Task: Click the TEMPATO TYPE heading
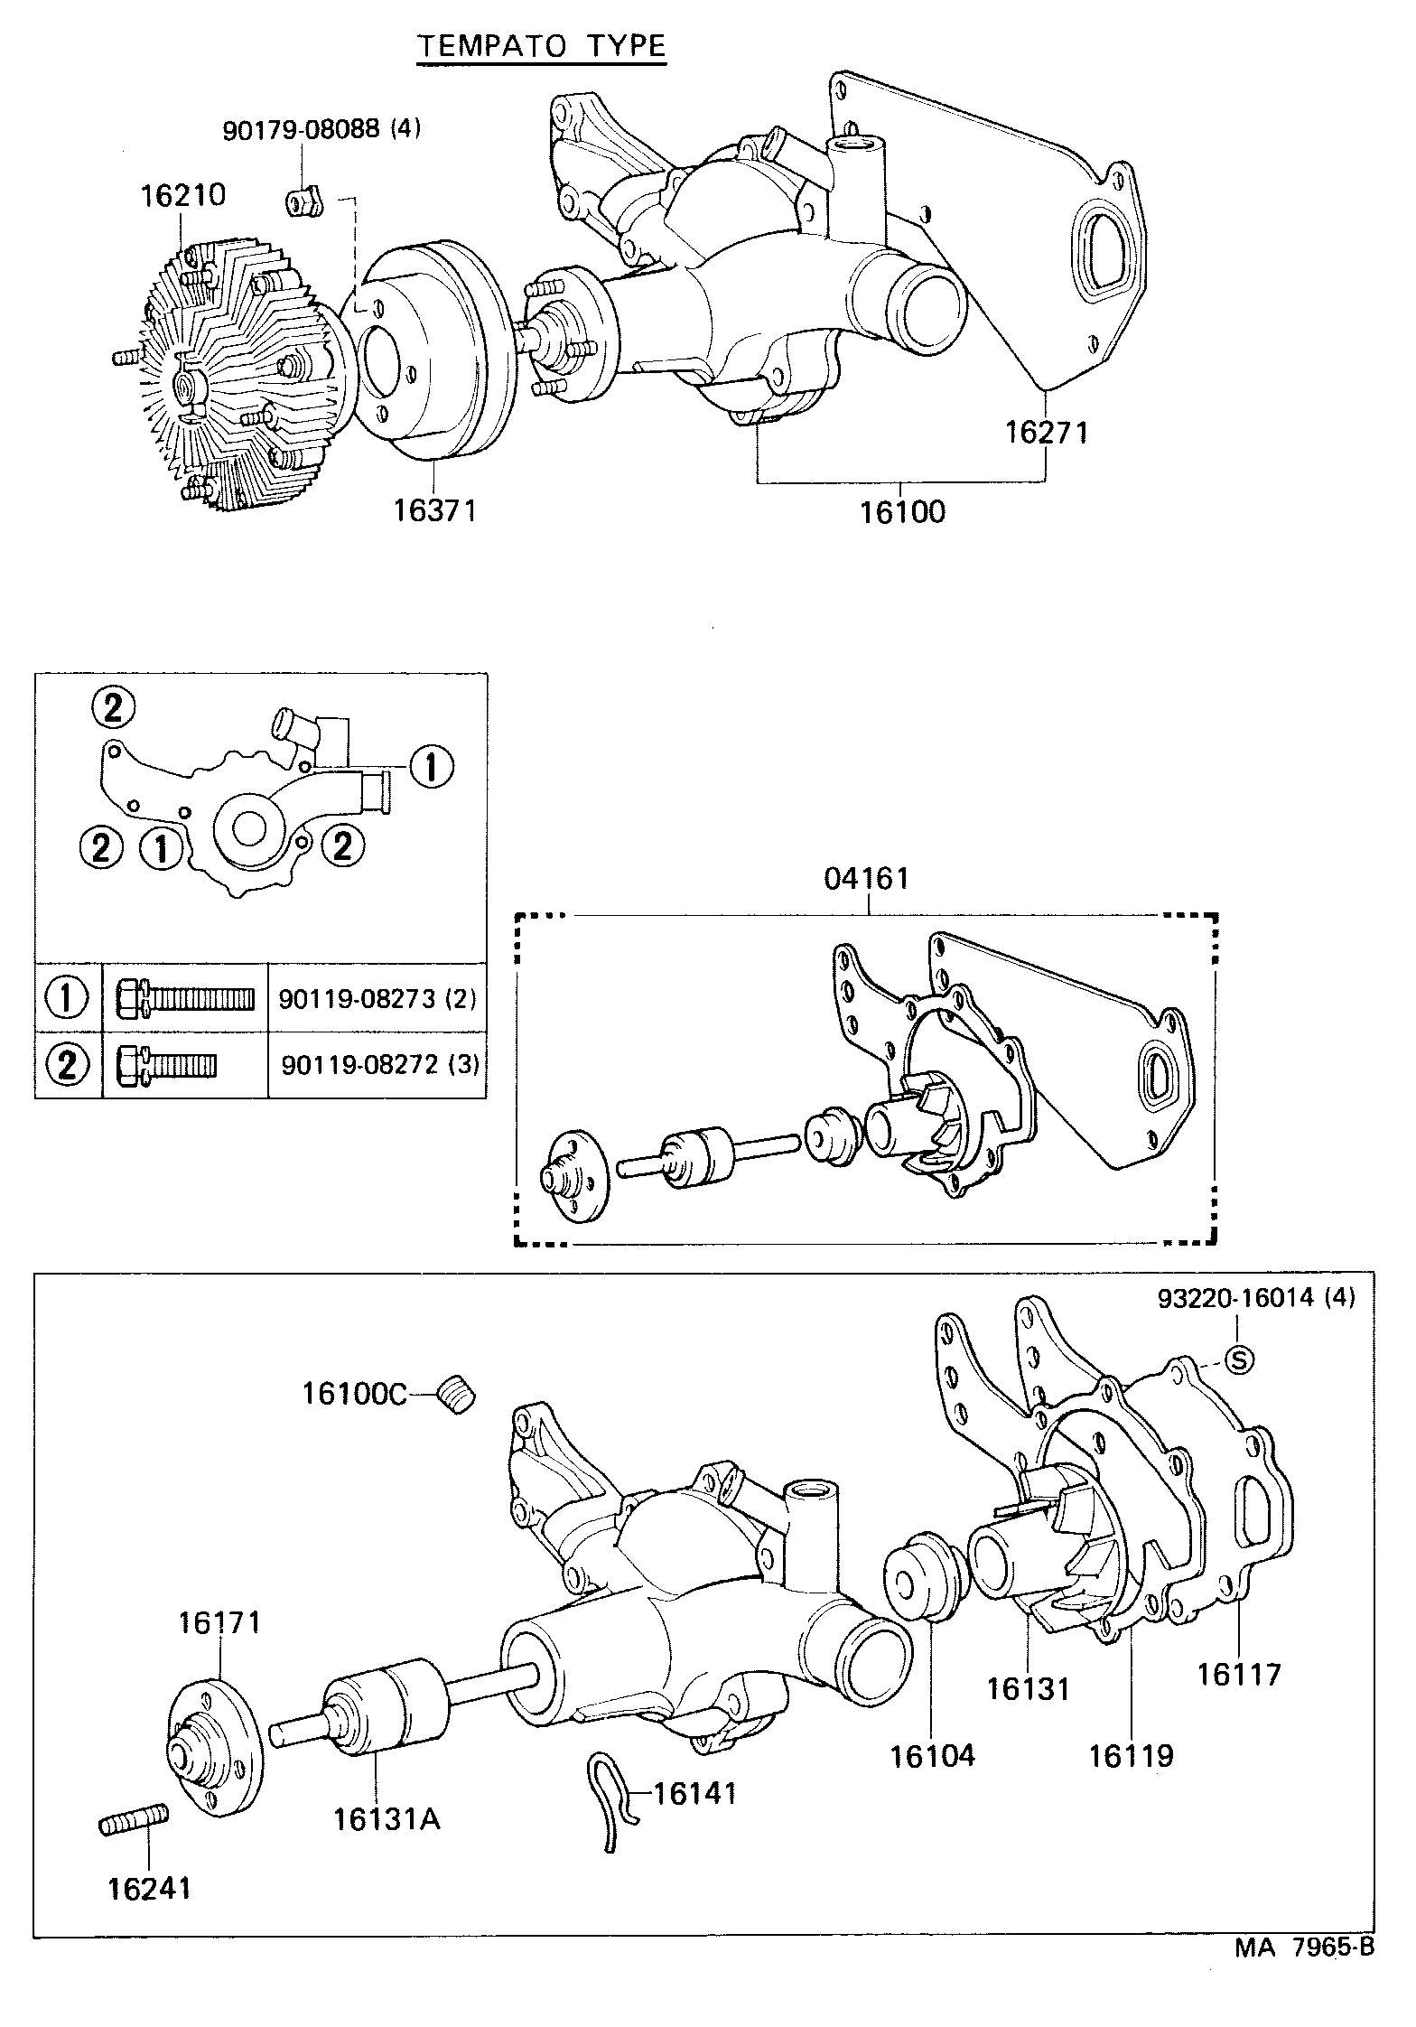(541, 46)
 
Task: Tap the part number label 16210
(182, 195)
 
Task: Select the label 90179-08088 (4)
(321, 129)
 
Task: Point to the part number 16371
(433, 511)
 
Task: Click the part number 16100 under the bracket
(902, 512)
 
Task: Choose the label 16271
(1048, 433)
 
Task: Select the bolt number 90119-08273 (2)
(377, 998)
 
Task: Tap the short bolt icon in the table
(168, 1065)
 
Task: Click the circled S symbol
(1239, 1359)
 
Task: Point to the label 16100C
(354, 1394)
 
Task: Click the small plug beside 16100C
(457, 1396)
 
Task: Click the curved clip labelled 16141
(607, 1800)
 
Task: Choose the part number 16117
(1239, 1674)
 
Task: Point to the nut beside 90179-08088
(305, 203)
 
